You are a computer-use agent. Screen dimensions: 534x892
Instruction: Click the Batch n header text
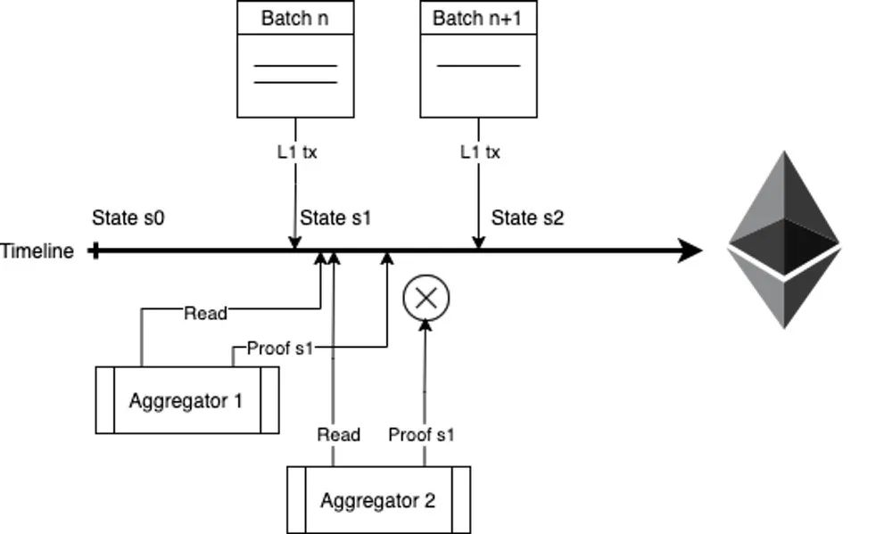294,18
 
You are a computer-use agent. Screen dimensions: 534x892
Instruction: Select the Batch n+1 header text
478,18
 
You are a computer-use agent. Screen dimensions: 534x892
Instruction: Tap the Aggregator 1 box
186,400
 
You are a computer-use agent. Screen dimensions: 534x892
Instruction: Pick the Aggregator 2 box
378,500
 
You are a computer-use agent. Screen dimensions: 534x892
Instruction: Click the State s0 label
128,218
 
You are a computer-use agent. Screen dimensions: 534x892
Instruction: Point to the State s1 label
335,218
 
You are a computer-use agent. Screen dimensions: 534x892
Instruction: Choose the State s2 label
528,218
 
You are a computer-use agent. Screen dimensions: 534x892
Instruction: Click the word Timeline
37,251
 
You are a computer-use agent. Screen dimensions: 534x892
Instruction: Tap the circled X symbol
426,298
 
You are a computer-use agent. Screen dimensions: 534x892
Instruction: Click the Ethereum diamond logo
784,239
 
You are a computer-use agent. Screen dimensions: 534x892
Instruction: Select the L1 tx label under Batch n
296,152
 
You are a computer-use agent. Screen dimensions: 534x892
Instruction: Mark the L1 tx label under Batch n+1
480,152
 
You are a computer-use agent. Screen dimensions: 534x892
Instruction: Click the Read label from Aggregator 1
205,312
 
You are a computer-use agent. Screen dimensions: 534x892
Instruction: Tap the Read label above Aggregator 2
339,435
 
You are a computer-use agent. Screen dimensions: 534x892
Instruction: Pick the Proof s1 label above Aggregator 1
280,348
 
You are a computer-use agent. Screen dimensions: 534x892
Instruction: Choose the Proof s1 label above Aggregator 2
422,435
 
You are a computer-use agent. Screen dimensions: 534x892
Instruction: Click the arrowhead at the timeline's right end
690,251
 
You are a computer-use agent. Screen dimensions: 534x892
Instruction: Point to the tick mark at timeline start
95,251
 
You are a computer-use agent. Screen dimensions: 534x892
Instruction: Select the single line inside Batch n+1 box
478,65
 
